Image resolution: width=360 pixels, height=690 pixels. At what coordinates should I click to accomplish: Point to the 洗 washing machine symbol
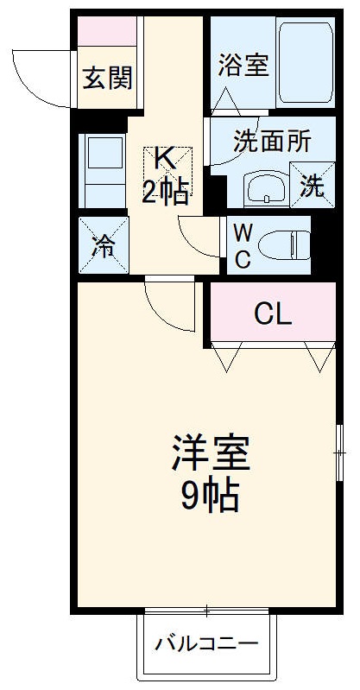tap(313, 185)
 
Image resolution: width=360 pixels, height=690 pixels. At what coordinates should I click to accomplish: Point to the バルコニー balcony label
tap(207, 645)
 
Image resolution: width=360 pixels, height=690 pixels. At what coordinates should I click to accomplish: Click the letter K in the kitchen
tap(164, 158)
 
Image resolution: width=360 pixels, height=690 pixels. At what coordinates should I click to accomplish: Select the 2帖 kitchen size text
tap(164, 193)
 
